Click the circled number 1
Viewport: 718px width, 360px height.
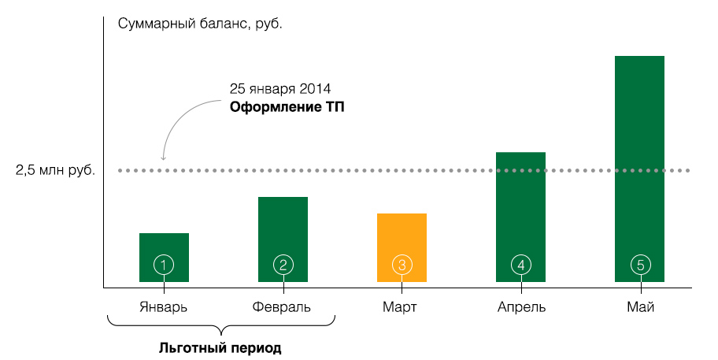(x=164, y=265)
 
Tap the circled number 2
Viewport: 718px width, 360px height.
(x=283, y=265)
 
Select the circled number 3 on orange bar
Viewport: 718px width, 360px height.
(x=402, y=265)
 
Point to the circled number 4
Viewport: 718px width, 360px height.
(x=520, y=265)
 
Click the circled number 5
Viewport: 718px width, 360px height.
(x=639, y=265)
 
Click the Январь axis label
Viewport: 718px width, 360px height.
(x=164, y=306)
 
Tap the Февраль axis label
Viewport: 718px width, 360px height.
(x=282, y=306)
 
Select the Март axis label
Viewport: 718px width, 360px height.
(x=402, y=306)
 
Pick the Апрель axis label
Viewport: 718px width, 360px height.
(x=520, y=306)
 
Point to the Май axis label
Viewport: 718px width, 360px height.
(x=640, y=306)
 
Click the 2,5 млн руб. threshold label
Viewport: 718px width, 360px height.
(x=55, y=170)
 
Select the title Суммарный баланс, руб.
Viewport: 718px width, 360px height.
(x=199, y=23)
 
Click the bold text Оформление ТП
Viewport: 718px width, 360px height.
(x=287, y=106)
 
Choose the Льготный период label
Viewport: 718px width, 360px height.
(x=220, y=347)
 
